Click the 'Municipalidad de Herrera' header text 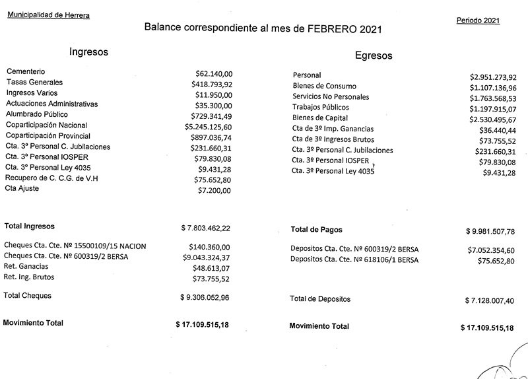[49, 14]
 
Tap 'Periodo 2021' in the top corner [478, 20]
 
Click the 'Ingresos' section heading [88, 52]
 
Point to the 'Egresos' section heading [374, 55]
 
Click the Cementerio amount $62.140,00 [214, 72]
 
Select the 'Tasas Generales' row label [34, 83]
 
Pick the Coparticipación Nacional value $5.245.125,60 [208, 125]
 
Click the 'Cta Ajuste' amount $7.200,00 [216, 189]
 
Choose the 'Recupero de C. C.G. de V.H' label [52, 178]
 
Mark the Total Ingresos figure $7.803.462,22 [205, 228]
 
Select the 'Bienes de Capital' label [321, 118]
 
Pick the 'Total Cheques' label [28, 296]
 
